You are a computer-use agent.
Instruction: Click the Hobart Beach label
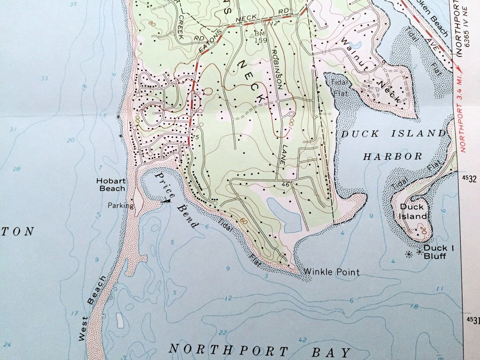click(111, 185)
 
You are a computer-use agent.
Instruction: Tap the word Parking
click(121, 206)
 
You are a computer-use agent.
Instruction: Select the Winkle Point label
click(331, 272)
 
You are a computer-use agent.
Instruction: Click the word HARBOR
click(392, 156)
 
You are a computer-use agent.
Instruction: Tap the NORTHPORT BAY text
click(259, 351)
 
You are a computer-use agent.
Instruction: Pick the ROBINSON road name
click(276, 69)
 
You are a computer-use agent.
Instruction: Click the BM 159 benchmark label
click(259, 37)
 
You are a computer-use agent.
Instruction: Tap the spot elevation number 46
click(285, 184)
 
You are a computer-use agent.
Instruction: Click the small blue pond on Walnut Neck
click(357, 45)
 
